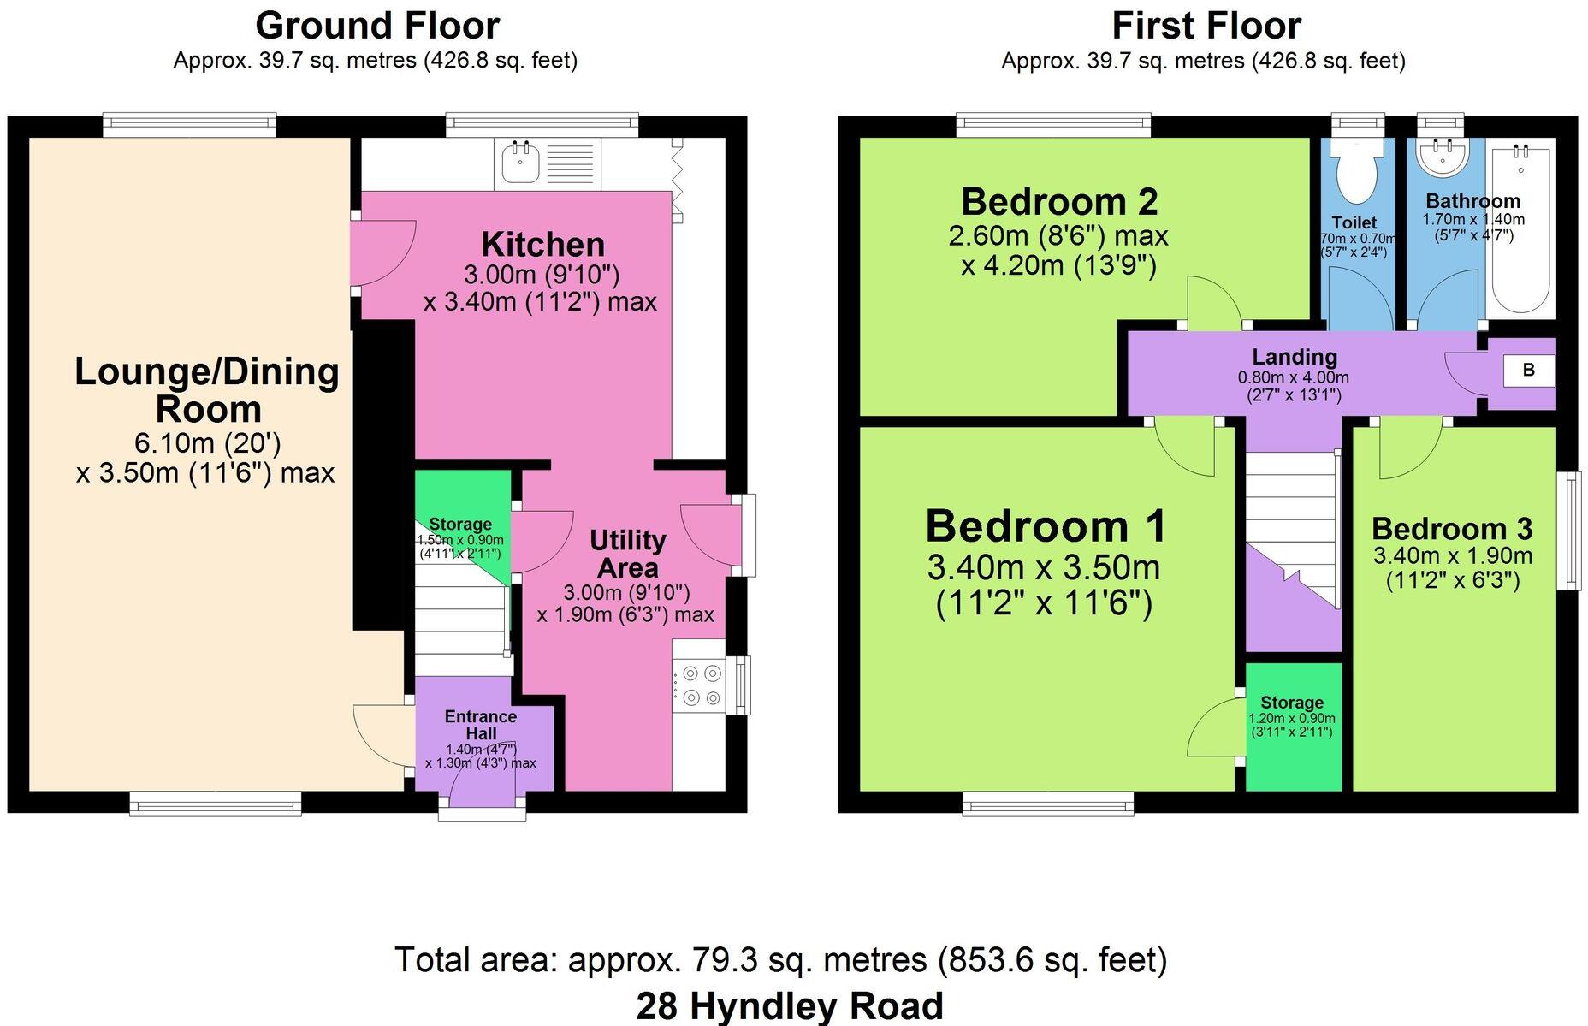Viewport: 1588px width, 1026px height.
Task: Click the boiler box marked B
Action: pos(1529,371)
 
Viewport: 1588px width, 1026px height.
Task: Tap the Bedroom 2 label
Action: pos(1059,202)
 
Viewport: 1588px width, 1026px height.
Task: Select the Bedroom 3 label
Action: pos(1452,528)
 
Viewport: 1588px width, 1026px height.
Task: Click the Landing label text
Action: pos(1294,357)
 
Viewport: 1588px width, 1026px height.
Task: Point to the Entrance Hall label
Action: pos(481,725)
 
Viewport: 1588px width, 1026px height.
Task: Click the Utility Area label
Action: pos(627,554)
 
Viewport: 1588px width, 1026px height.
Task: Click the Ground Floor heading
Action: pos(376,26)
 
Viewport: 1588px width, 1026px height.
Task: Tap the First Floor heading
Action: pos(1206,26)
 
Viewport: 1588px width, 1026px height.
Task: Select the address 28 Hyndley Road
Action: pos(789,1005)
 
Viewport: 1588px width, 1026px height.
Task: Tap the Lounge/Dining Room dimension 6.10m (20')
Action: pos(208,443)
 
